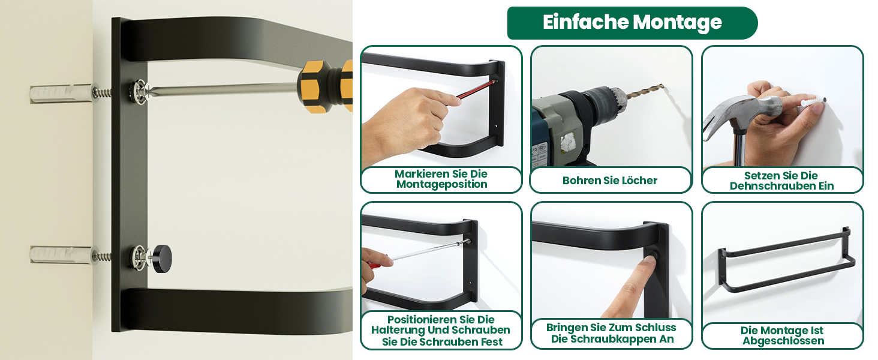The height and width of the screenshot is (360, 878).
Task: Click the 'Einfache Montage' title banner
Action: (632, 23)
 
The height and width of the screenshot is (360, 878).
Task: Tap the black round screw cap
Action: (161, 259)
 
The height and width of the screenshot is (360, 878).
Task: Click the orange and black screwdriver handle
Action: (325, 86)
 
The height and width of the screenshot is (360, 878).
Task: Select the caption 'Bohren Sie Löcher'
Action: (609, 181)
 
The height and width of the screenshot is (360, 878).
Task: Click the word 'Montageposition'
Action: (442, 184)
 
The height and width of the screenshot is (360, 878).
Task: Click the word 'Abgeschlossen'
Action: (783, 341)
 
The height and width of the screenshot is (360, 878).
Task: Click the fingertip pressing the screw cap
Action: (649, 261)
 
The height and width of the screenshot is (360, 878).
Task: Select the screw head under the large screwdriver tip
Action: (140, 91)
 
